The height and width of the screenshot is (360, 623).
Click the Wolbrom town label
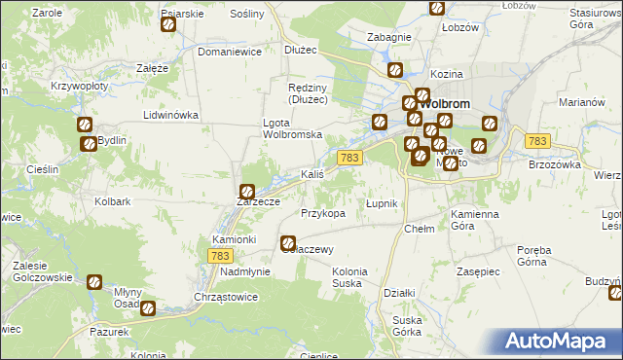point(450,103)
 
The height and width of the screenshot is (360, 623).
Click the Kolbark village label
point(113,201)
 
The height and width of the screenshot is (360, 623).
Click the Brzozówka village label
point(555,164)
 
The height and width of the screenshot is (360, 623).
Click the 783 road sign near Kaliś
point(350,158)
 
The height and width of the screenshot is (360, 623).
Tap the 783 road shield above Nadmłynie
point(220,255)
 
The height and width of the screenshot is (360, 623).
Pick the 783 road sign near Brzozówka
point(536,141)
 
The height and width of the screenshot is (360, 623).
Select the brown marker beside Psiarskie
point(167,24)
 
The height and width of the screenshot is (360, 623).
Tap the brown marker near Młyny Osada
point(148,309)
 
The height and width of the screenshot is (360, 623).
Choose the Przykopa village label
point(323,212)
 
